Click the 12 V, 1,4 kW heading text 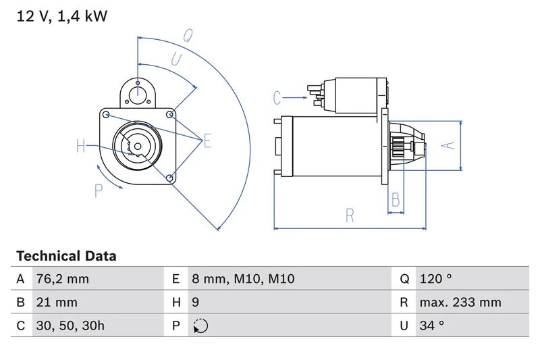click(61, 16)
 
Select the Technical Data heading click(66, 257)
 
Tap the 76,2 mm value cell click(61, 279)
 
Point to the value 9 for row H click(196, 302)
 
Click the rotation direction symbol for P click(200, 326)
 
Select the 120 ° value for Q click(435, 279)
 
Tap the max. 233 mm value click(460, 302)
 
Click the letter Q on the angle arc click(188, 35)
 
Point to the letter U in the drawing click(175, 59)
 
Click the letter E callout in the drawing click(207, 141)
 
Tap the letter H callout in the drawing click(81, 146)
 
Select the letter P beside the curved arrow click(99, 191)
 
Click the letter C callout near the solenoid click(277, 98)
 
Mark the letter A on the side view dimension click(446, 145)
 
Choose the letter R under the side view click(350, 215)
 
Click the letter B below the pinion click(396, 200)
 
